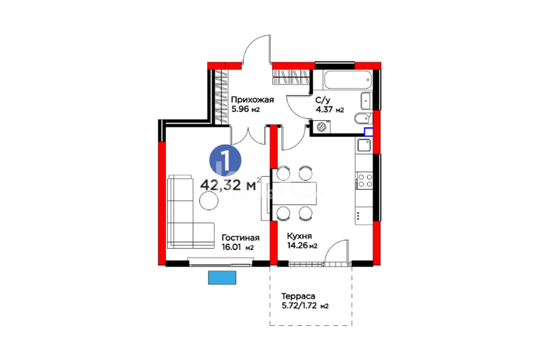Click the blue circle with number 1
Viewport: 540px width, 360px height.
[x=225, y=160]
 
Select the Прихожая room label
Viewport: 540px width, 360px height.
[x=252, y=100]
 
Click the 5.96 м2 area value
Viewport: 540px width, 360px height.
[x=245, y=110]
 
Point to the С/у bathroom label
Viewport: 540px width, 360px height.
[x=323, y=100]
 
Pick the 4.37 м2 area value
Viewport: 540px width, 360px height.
[x=330, y=110]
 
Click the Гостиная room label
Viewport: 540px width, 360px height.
[x=240, y=238]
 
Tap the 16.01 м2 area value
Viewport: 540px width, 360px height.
[x=238, y=247]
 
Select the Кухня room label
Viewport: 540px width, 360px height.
[x=299, y=236]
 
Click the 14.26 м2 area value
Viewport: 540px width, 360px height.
[x=302, y=246]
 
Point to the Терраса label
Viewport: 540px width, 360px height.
[x=298, y=296]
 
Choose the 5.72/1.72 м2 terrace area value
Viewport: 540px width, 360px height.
[x=305, y=306]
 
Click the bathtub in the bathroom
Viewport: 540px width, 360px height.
[x=348, y=80]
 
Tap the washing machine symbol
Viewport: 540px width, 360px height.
[x=322, y=126]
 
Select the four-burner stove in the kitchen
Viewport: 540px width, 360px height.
[x=364, y=181]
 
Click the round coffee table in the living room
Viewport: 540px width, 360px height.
[x=209, y=200]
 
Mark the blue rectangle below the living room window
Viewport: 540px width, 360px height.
[x=222, y=278]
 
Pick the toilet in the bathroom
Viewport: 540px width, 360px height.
[x=363, y=118]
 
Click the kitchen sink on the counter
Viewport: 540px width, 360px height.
[x=364, y=145]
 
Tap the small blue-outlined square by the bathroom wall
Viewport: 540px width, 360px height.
[x=368, y=132]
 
